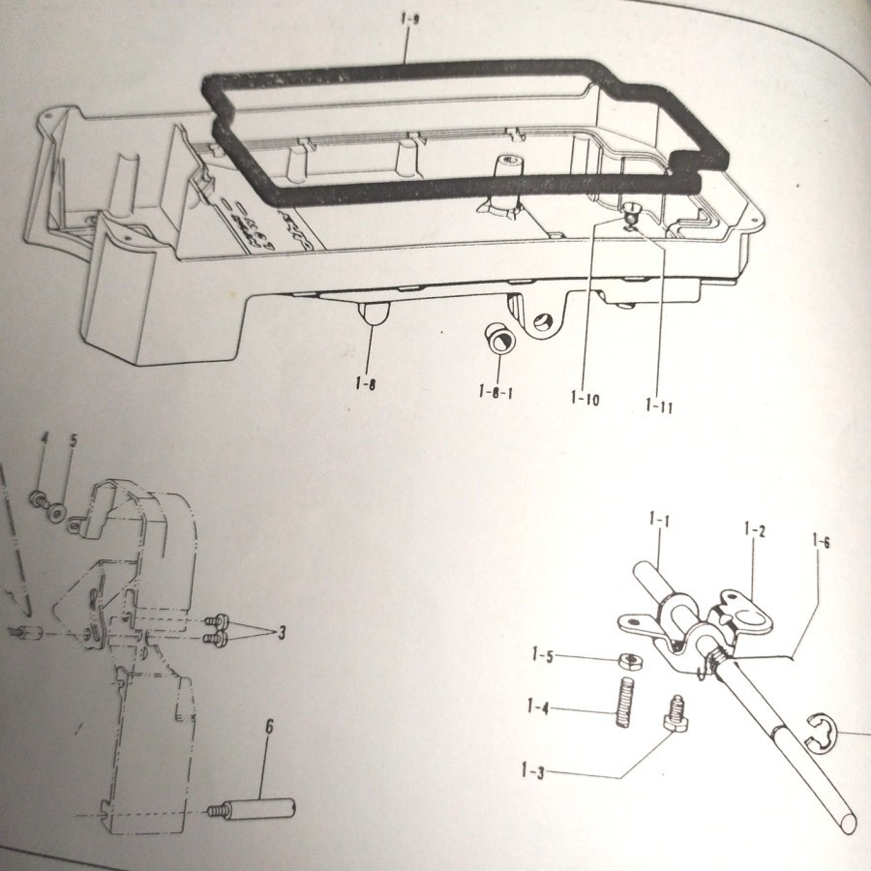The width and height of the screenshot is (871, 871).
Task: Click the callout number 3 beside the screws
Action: tap(282, 633)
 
